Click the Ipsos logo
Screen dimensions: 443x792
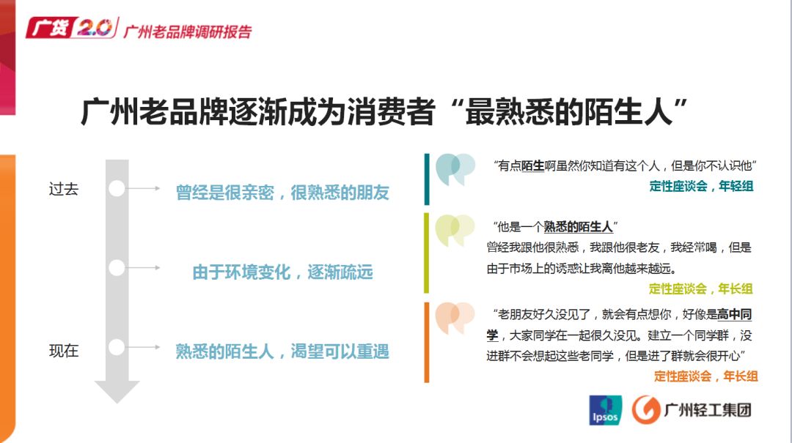(605, 411)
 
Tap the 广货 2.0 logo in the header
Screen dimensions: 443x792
(71, 29)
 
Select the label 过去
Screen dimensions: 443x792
(64, 189)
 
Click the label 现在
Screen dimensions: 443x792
(64, 351)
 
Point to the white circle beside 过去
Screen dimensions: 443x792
(117, 189)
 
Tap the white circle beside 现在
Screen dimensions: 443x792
(117, 346)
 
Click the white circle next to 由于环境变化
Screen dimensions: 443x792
(117, 268)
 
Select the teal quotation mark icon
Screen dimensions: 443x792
(455, 169)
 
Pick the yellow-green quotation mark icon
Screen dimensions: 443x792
(455, 230)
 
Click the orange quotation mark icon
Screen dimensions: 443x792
(455, 317)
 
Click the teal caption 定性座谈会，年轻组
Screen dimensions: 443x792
(701, 186)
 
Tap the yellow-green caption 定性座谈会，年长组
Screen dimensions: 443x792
(701, 288)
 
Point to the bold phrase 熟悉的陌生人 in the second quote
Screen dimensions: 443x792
(578, 226)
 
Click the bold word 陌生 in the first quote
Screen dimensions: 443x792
(533, 165)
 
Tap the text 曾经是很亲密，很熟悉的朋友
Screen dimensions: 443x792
(282, 193)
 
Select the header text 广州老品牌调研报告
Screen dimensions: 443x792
(188, 31)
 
